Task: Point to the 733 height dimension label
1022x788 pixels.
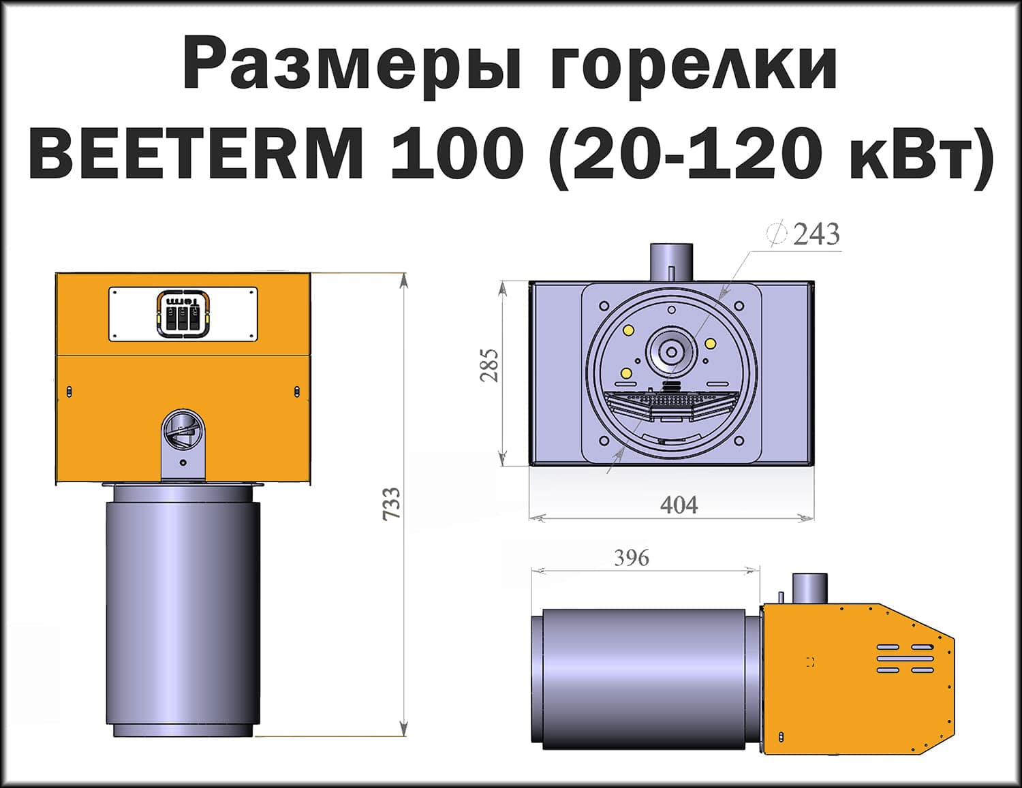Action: click(x=390, y=504)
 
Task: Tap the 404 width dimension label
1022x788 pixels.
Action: click(x=679, y=505)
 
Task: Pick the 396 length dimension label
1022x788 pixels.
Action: click(x=632, y=558)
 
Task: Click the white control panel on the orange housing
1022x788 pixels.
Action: click(x=183, y=313)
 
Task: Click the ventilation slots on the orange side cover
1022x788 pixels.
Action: click(x=905, y=659)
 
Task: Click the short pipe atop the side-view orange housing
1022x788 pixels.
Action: click(x=809, y=588)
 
